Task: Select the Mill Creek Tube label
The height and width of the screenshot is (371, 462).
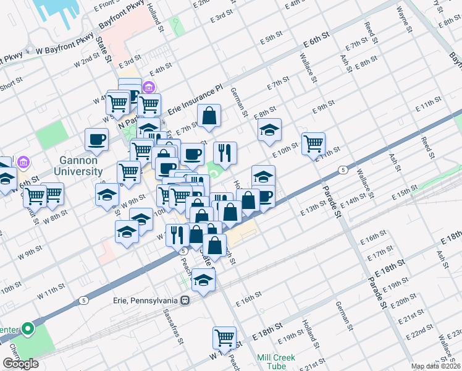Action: (x=276, y=362)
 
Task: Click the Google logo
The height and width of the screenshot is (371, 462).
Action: (x=20, y=364)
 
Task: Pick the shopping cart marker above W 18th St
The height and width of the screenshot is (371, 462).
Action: (x=224, y=338)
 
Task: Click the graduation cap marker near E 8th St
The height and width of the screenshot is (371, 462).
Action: (x=269, y=130)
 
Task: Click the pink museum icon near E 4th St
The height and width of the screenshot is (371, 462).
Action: (x=149, y=87)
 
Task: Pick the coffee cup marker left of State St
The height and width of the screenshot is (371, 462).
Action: (x=96, y=140)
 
